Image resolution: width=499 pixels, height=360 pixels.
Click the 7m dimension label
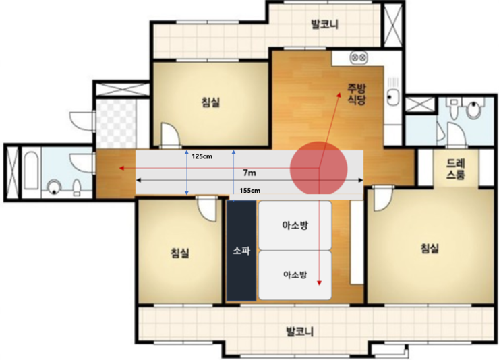pyautogui.click(x=249, y=173)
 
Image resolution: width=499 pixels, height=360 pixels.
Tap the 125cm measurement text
pyautogui.click(x=202, y=156)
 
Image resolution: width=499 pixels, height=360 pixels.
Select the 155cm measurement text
pyautogui.click(x=249, y=191)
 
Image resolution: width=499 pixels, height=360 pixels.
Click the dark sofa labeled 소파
pyautogui.click(x=241, y=251)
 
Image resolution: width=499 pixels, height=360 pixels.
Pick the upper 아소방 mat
pyautogui.click(x=295, y=225)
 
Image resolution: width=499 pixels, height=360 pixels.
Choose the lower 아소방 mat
pyautogui.click(x=295, y=276)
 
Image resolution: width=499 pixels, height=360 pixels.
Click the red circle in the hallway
pyautogui.click(x=318, y=169)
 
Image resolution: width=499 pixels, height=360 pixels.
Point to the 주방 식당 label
pyautogui.click(x=357, y=94)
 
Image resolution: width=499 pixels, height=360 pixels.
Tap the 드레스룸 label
pyautogui.click(x=455, y=169)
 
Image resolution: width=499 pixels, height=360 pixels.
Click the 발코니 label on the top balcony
pyautogui.click(x=324, y=24)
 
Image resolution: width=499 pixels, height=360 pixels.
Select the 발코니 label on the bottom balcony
pyautogui.click(x=300, y=332)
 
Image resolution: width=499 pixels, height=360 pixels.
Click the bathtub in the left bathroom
pyautogui.click(x=31, y=171)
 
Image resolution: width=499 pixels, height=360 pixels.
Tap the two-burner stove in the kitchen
pyautogui.click(x=359, y=58)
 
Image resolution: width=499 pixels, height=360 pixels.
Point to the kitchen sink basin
pyautogui.click(x=392, y=97)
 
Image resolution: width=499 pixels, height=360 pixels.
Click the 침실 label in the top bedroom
pyautogui.click(x=210, y=102)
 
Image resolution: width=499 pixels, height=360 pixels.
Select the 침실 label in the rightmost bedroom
pyautogui.click(x=430, y=248)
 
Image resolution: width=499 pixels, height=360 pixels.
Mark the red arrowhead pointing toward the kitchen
pyautogui.click(x=339, y=96)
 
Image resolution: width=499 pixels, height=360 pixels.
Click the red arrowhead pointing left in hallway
pyautogui.click(x=121, y=168)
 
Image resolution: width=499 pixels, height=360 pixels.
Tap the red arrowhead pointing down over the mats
pyautogui.click(x=319, y=283)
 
